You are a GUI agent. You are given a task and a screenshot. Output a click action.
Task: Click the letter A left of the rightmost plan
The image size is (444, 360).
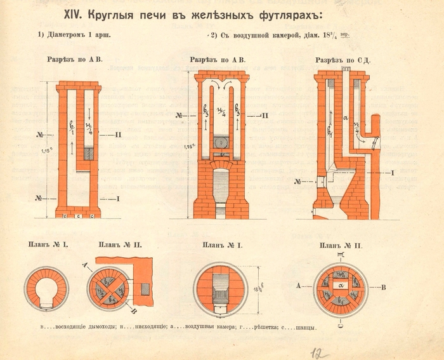point(298,286)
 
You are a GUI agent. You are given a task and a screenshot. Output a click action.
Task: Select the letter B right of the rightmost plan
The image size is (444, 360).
point(384,286)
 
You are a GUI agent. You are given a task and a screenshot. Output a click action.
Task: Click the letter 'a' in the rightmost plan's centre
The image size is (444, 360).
point(342,286)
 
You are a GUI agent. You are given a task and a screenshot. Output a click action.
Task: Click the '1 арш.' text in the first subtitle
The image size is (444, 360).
point(95,35)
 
